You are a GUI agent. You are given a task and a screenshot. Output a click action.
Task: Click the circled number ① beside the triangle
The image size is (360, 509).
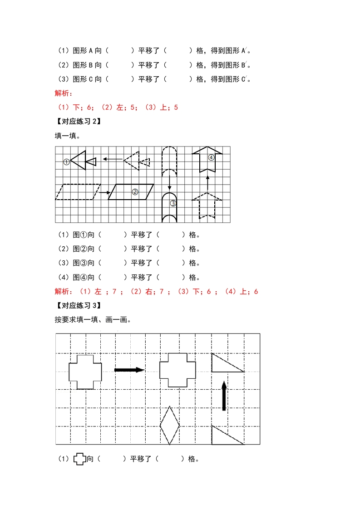pos(66,162)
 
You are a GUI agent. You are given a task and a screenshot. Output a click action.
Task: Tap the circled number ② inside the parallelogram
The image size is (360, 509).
pos(135,191)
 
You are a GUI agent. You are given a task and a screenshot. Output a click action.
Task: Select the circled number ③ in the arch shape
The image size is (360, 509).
pos(173,203)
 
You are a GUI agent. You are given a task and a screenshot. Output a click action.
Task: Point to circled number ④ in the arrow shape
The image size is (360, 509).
pos(211,157)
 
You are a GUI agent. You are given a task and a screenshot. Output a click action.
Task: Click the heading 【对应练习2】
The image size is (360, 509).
pos(77,121)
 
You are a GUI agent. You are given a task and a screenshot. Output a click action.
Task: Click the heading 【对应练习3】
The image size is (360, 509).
pos(77,305)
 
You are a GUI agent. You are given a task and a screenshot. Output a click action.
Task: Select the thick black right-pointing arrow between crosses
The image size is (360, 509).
pos(129,370)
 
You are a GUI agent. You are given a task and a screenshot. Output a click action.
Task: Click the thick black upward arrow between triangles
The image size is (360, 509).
pos(224,396)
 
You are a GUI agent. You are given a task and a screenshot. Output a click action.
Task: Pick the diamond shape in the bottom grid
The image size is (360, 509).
pos(170,425)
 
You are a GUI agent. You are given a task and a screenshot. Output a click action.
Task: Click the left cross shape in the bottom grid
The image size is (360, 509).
pos(85,372)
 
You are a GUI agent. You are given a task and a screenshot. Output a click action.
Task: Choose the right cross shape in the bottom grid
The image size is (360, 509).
pos(178,370)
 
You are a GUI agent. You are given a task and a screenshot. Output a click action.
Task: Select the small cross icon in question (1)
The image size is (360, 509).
pos(80,459)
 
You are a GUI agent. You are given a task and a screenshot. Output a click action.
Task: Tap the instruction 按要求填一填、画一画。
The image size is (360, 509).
pos(93,319)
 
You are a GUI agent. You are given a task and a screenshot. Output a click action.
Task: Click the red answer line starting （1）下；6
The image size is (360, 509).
pos(116,108)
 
